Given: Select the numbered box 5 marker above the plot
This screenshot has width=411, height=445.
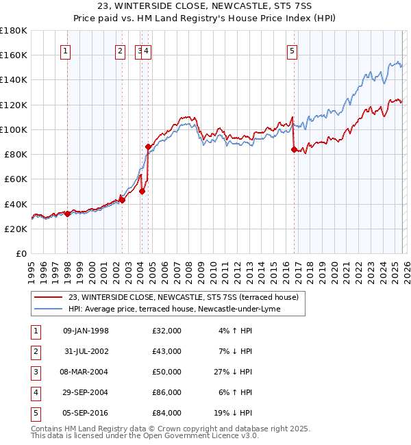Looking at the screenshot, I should pos(292,50).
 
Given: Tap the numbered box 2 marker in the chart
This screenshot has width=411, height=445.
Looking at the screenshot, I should pos(121,50).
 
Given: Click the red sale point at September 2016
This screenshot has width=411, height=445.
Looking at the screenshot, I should pos(294,149).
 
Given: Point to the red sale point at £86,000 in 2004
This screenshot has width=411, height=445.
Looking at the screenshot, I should pos(148,147).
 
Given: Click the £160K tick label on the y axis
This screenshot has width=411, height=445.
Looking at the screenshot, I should pos(14,55).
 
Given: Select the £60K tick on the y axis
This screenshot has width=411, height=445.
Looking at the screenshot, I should pos(16,179).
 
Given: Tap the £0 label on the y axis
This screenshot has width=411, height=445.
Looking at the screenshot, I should pos(22,253).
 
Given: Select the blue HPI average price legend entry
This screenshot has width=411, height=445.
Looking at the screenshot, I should pos(175,309).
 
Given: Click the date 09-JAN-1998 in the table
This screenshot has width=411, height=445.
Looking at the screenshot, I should pos(86,331).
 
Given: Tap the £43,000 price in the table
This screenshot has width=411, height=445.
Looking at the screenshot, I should pos(167,351).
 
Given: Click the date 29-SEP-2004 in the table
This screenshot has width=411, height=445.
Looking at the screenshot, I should pos(86,392).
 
